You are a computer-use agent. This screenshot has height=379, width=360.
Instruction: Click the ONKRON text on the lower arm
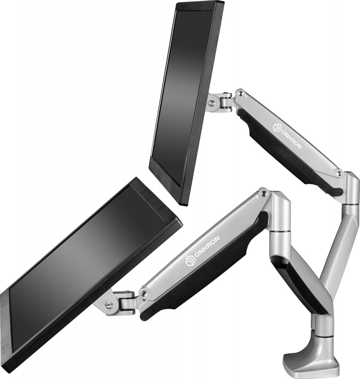[206, 248]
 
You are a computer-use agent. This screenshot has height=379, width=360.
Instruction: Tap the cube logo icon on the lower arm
[190, 262]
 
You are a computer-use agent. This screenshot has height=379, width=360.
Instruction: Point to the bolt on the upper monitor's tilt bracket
[212, 103]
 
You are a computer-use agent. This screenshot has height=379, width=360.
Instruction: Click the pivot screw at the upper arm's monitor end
[240, 93]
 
